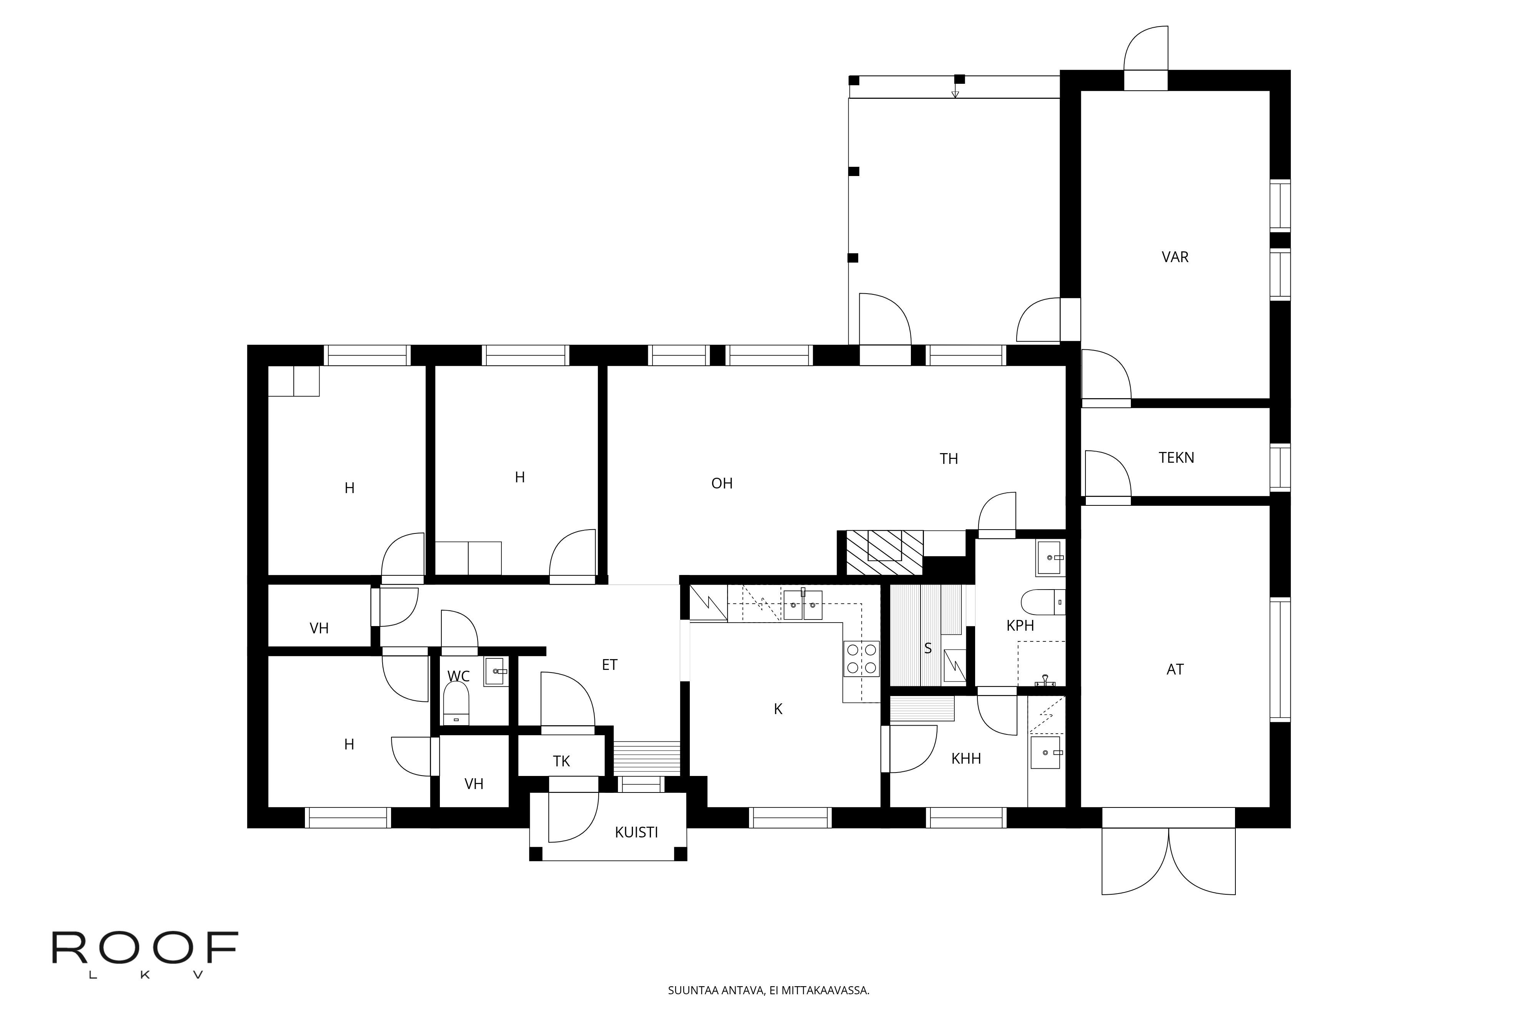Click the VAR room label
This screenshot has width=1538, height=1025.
(x=1175, y=257)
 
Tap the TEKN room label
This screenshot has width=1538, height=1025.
(x=1177, y=458)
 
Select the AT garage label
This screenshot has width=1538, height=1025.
(x=1175, y=669)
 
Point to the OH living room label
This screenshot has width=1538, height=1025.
(x=722, y=483)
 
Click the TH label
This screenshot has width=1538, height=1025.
(x=949, y=459)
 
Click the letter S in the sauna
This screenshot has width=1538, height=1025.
(x=927, y=648)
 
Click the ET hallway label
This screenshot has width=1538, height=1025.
(x=609, y=665)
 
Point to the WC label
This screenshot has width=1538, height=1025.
(x=458, y=676)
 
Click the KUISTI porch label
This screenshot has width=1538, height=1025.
(x=636, y=832)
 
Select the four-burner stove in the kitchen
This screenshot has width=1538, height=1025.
(x=861, y=659)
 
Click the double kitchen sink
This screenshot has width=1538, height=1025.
(x=803, y=604)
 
